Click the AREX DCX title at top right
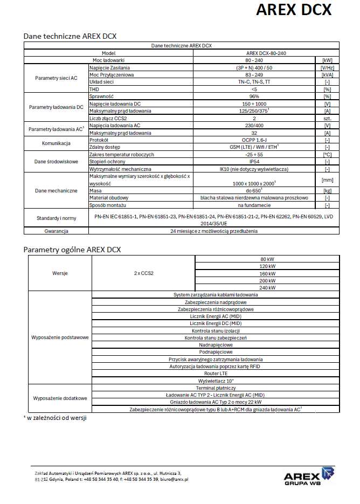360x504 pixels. pos(293,10)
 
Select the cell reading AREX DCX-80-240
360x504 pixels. pos(254,53)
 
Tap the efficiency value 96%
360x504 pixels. pos(254,96)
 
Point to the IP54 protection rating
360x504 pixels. pos(254,162)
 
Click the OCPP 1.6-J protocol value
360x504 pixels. pos(254,140)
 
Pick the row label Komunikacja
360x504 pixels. pos(56,143)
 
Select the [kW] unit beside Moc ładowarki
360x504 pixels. pos(327,60)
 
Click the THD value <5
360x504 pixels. pos(254,88)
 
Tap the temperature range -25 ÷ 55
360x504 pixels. pos(254,154)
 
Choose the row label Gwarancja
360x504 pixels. pos(56,231)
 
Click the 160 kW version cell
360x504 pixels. pos(267,273)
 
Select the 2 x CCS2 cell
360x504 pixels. pos(144,273)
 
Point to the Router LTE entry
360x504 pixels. pos(216,373)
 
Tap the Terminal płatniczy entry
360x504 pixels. pos(216,388)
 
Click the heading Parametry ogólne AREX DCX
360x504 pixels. pos(72,250)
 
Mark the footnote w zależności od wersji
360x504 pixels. pos(57,417)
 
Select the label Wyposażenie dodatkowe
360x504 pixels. pos(60,398)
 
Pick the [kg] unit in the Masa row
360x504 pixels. pos(327,191)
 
